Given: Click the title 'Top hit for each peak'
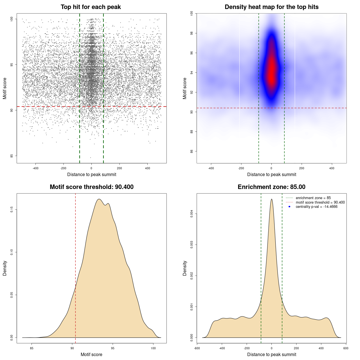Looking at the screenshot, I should [x=91, y=7].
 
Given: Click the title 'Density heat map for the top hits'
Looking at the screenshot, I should [x=271, y=7].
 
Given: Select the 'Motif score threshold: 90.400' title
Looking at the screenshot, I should [x=91, y=187].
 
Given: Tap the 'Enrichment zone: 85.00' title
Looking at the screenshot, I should [x=271, y=187].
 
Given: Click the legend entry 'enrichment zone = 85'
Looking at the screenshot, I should [x=313, y=198].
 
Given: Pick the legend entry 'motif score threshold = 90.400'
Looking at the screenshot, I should [x=320, y=202].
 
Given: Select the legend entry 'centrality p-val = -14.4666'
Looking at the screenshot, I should [x=316, y=207].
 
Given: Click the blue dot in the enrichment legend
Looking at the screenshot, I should [x=289, y=207].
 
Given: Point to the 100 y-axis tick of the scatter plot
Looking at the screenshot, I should [x=12, y=19].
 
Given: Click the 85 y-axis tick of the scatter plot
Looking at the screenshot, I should [x=12, y=156].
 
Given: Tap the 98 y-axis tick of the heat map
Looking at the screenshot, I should [x=192, y=33].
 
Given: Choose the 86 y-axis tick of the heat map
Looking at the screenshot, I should [x=192, y=151].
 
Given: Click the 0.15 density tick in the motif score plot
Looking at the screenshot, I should [x=12, y=210].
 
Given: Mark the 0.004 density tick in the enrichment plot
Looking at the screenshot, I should [x=192, y=214].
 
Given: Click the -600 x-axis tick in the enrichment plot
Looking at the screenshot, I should [x=197, y=348].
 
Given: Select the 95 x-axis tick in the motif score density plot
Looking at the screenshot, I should [x=113, y=348].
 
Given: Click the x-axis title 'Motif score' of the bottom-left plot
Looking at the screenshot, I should [x=91, y=354].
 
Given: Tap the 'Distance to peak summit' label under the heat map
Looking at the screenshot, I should [x=271, y=174].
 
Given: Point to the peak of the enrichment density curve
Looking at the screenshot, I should [x=271, y=199].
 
